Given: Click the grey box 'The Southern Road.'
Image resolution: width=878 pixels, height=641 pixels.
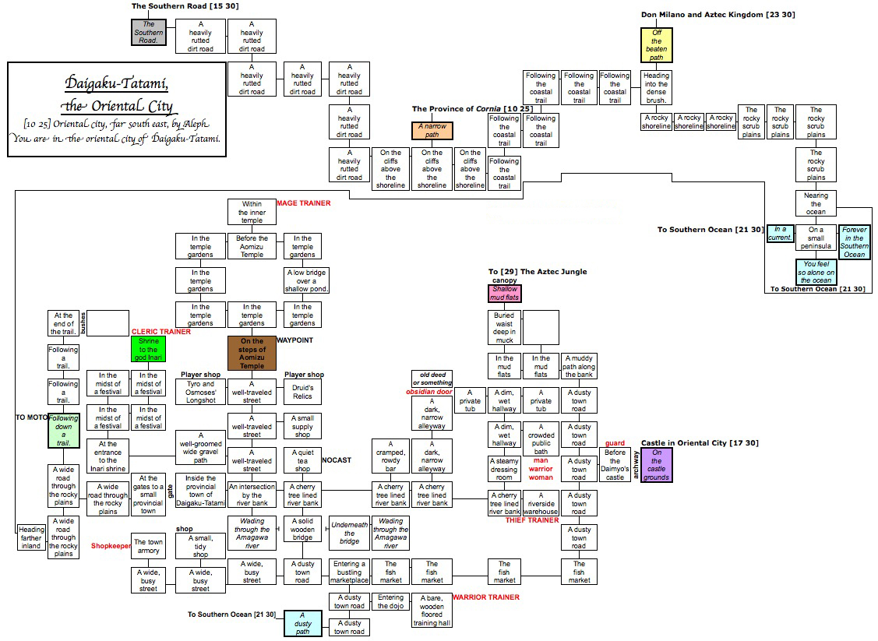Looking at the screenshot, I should click(x=148, y=33).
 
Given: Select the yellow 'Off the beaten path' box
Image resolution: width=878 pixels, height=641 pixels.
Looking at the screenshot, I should click(x=656, y=44).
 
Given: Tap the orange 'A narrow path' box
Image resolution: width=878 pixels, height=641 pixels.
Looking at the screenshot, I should click(x=432, y=131).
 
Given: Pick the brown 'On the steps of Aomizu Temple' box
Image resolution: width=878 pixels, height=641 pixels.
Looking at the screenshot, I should click(x=252, y=353).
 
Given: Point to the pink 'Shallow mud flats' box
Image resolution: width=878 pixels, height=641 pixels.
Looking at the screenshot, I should click(x=505, y=293).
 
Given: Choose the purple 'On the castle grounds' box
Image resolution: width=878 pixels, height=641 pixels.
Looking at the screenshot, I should click(x=656, y=465).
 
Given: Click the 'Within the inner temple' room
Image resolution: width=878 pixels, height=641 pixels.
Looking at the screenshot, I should click(x=252, y=212).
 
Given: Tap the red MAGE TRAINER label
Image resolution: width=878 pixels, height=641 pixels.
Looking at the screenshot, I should click(x=303, y=203).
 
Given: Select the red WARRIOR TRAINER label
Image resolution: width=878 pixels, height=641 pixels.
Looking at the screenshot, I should click(x=485, y=597).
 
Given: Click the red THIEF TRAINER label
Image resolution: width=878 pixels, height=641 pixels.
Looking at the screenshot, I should click(x=533, y=519).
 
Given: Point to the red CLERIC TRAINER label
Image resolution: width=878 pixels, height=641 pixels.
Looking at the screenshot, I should click(x=160, y=331).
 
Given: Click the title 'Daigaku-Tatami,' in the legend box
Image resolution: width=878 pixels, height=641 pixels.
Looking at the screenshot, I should click(x=117, y=82).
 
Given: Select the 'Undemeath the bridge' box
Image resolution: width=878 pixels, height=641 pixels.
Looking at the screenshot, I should click(x=349, y=532).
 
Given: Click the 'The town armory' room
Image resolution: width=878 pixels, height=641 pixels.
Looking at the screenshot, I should click(x=148, y=546).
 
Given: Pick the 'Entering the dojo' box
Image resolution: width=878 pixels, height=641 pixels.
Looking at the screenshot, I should click(x=390, y=601).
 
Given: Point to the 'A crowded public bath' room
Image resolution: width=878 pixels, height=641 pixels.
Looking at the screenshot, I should click(x=541, y=439).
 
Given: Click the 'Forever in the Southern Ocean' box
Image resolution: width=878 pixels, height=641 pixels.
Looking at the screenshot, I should click(x=854, y=242).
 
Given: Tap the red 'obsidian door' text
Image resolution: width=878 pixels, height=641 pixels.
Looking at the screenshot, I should click(x=429, y=392).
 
